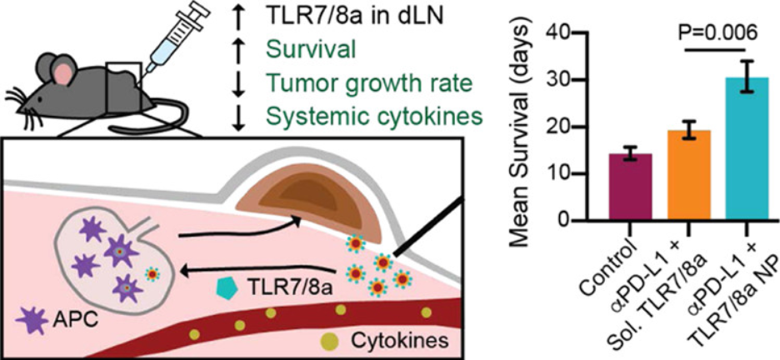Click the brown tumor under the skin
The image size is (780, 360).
[x=307, y=209]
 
